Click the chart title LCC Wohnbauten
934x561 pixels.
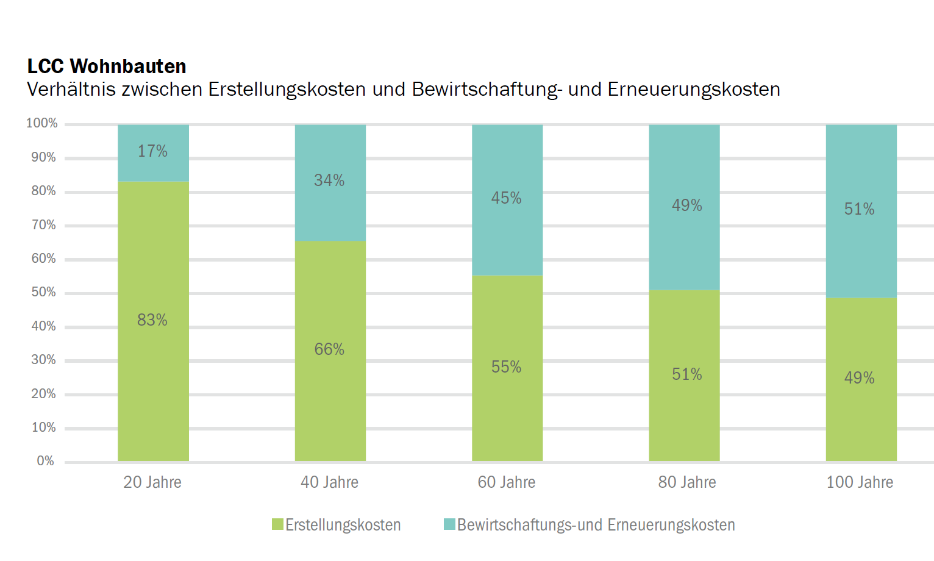[x=107, y=66]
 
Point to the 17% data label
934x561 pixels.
[x=152, y=151]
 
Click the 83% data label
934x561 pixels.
[x=152, y=320]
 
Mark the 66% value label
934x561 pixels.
[x=329, y=349]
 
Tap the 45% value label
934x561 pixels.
[x=507, y=198]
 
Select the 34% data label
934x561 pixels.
[x=329, y=180]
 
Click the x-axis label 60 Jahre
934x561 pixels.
[x=507, y=482]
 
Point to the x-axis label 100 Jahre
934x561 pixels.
[x=860, y=482]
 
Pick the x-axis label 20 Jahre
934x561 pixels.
[x=152, y=482]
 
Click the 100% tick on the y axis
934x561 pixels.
[x=42, y=123]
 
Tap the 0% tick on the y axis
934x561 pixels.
[x=46, y=461]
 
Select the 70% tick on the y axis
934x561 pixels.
[x=44, y=225]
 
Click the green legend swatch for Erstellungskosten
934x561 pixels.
[x=277, y=524]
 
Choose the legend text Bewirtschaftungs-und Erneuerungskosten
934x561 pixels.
[x=596, y=525]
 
